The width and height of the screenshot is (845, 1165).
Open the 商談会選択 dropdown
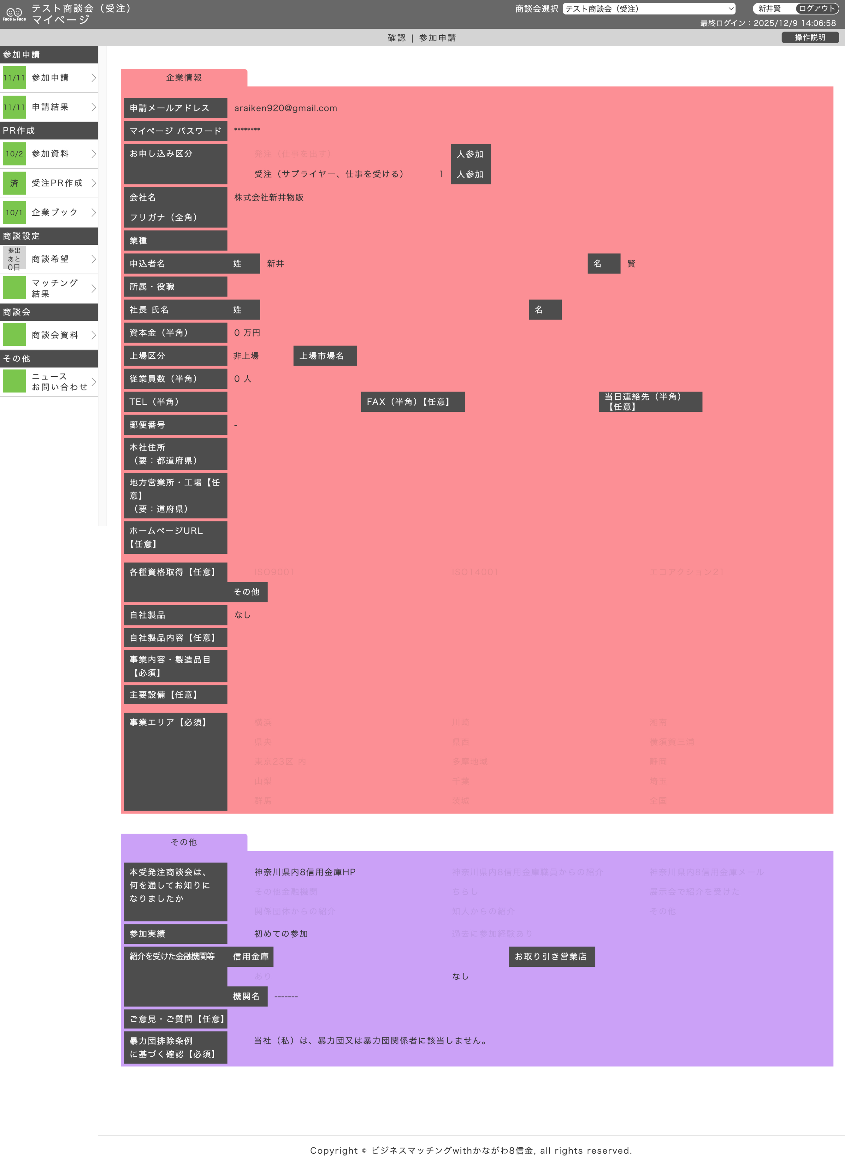pos(648,9)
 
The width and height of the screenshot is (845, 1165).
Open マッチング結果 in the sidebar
pos(49,288)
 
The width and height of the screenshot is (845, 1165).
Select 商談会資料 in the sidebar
pos(49,335)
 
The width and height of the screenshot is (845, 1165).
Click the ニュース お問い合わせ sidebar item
pos(49,382)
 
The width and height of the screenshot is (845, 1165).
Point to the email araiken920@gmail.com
pos(286,108)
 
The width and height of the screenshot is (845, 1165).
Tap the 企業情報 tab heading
pos(184,78)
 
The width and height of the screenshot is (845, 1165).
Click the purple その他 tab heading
pos(184,842)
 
